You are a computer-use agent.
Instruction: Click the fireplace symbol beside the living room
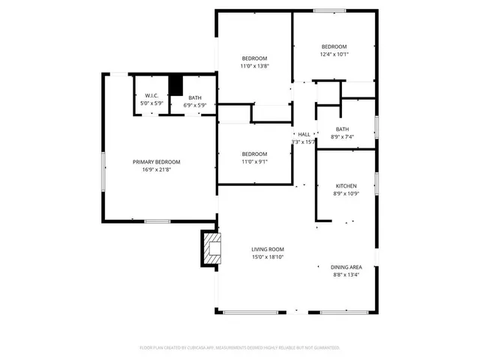[211, 249]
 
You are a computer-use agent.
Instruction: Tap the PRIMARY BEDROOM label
[156, 162]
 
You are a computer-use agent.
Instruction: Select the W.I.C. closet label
[151, 96]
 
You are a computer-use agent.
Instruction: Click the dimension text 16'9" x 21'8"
[156, 169]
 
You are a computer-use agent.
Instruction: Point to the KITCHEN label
[346, 186]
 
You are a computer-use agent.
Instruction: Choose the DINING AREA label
[346, 267]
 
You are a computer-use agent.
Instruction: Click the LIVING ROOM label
[267, 249]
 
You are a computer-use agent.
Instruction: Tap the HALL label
[304, 134]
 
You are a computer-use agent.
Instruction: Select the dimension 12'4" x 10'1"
[334, 54]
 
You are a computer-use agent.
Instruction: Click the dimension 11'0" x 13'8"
[254, 66]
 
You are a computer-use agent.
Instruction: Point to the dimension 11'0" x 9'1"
[254, 161]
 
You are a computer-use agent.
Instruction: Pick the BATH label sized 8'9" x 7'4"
[342, 129]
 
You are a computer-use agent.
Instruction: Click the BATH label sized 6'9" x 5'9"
[195, 98]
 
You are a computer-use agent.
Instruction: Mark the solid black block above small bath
[176, 85]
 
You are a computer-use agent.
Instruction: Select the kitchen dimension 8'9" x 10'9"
[346, 193]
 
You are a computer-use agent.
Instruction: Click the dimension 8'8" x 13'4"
[346, 274]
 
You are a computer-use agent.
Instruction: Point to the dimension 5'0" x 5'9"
[151, 103]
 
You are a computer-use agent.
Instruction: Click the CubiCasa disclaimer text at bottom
[240, 348]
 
